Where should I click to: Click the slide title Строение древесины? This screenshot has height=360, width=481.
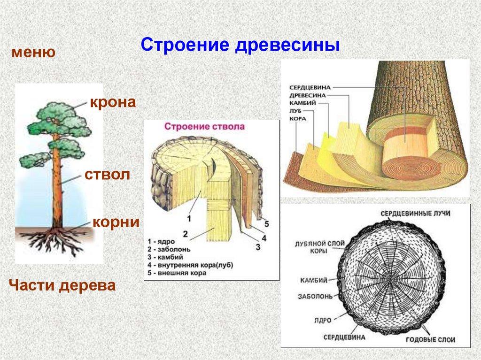(x=240, y=46)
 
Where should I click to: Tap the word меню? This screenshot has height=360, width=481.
(x=34, y=52)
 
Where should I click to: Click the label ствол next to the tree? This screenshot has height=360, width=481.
(x=107, y=176)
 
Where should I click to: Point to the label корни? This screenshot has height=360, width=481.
(x=116, y=222)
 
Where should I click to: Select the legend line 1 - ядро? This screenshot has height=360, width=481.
(x=161, y=241)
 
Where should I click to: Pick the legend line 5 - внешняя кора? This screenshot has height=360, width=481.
(x=179, y=273)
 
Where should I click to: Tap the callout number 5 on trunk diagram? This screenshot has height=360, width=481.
(x=266, y=223)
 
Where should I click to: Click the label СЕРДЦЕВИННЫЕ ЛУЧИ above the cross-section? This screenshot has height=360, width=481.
(x=415, y=213)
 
